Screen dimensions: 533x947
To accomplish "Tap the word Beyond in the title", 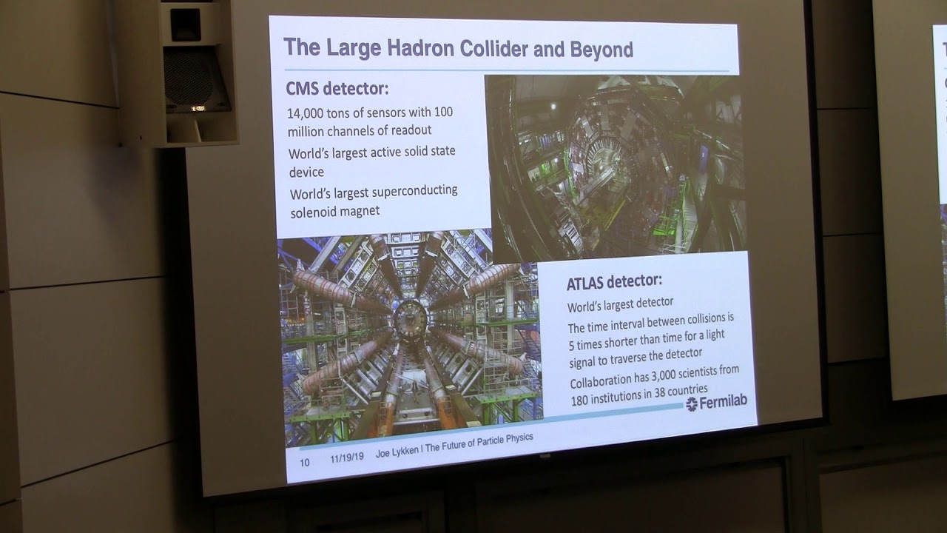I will pos(601,50).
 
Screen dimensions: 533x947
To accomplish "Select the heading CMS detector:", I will pos(337,90).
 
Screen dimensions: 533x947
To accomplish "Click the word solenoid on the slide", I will pos(314,212).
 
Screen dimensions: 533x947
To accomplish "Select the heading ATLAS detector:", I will pos(614,281).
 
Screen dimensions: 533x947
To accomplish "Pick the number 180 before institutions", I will pos(582,399).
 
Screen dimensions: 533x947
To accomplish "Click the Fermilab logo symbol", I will pos(692,403).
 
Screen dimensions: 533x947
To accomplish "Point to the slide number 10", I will pos(304,462).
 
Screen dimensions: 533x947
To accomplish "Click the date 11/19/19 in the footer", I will pos(345,458).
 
